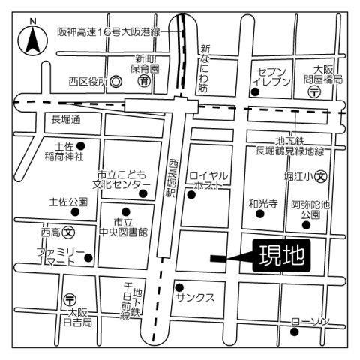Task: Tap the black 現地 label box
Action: click(x=281, y=256)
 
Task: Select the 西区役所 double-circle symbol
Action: click(x=116, y=81)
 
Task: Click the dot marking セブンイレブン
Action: click(x=256, y=91)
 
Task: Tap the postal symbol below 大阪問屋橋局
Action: click(x=316, y=91)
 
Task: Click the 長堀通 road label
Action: click(x=65, y=119)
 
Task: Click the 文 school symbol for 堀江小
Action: click(x=321, y=178)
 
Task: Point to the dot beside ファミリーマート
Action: click(x=89, y=259)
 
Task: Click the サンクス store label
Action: click(x=195, y=297)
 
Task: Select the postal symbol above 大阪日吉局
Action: click(x=70, y=298)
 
